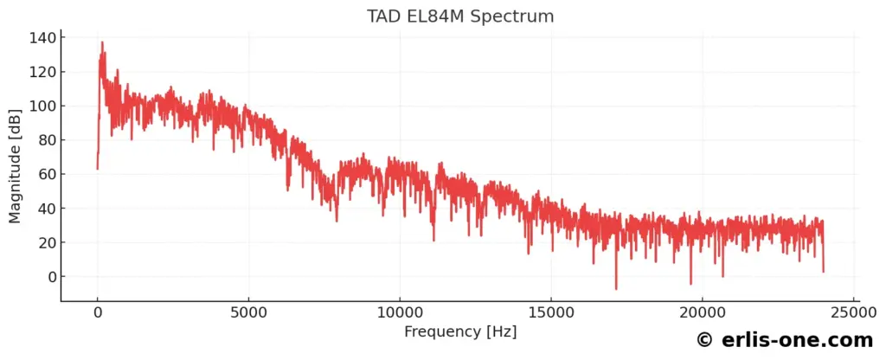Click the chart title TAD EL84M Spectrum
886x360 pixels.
click(x=461, y=16)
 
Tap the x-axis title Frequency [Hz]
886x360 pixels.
click(x=461, y=331)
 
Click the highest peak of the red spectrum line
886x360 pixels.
click(x=102, y=42)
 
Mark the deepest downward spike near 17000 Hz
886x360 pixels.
click(x=616, y=288)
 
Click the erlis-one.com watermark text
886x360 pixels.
click(x=786, y=340)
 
